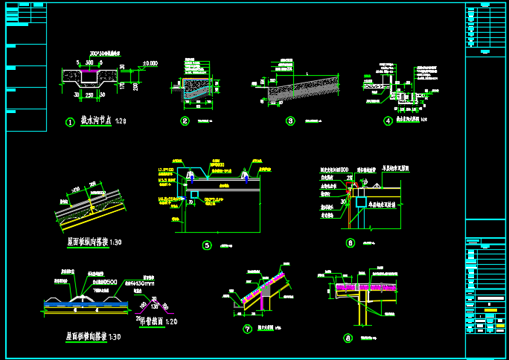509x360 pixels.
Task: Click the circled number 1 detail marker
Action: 71,121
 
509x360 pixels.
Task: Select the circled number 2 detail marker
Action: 185,120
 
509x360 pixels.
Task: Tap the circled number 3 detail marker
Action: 290,120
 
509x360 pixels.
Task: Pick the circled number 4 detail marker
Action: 388,120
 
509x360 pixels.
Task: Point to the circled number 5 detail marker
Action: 207,245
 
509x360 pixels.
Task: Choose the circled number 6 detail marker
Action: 350,242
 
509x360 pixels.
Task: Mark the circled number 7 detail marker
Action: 247,328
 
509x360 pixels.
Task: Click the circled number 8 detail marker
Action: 348,338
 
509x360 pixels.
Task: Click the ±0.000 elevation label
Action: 150,64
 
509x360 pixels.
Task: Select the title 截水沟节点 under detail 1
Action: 97,120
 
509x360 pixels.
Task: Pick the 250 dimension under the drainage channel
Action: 89,95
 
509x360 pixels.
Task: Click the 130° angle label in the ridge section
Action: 155,306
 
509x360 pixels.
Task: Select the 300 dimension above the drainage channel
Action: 89,63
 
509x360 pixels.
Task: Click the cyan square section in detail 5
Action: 193,196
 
